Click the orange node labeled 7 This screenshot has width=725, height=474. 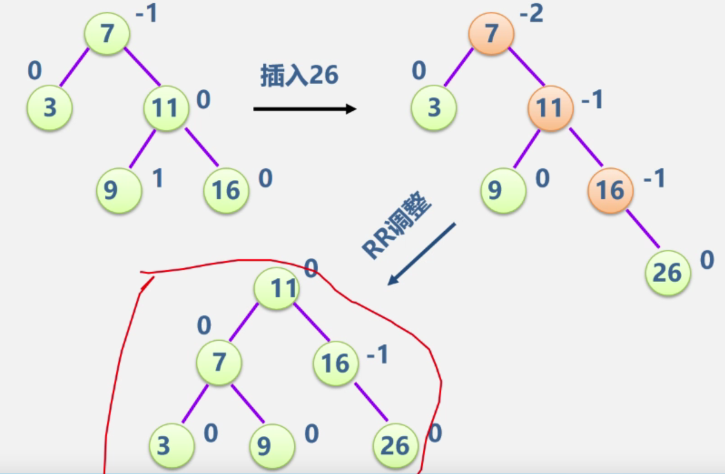[x=491, y=33]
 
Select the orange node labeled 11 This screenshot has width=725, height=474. [x=549, y=108]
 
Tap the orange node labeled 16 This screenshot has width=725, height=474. [x=609, y=190]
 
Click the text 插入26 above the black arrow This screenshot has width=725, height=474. [x=299, y=76]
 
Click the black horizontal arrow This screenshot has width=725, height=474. [x=304, y=109]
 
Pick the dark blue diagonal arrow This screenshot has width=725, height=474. [x=421, y=254]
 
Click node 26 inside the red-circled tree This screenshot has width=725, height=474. [x=395, y=446]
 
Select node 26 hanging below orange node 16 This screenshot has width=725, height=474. [x=668, y=272]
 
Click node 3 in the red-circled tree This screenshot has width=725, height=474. [x=164, y=446]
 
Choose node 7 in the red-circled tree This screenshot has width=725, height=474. [x=219, y=363]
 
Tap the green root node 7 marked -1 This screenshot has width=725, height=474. [x=107, y=33]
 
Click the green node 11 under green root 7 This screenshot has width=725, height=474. [x=165, y=108]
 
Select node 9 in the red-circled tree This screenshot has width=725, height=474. [x=273, y=447]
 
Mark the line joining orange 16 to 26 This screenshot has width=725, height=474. [x=642, y=229]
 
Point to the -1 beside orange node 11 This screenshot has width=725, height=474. [x=592, y=101]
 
